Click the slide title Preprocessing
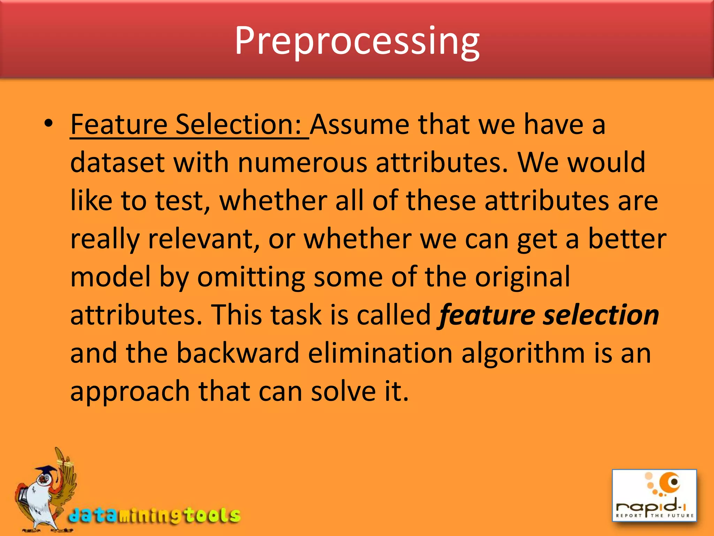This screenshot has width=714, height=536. [357, 41]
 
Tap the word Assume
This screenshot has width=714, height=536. [359, 125]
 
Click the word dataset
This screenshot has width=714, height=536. [117, 163]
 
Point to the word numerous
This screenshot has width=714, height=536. [302, 163]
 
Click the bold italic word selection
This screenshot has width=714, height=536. [601, 315]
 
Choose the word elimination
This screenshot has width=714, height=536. [380, 353]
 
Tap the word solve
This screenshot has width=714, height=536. [343, 391]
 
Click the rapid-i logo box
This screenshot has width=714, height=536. [654, 495]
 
